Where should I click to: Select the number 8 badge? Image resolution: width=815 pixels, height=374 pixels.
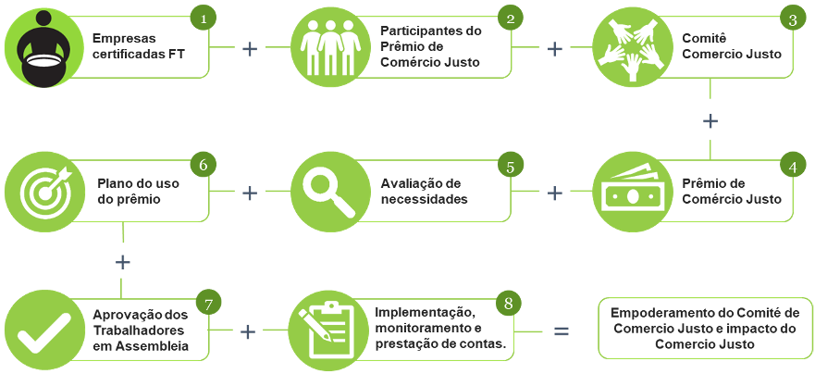point(508,305)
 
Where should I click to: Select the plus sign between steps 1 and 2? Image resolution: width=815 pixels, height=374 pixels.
point(250,48)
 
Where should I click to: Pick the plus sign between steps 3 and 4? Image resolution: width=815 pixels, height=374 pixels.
point(710,120)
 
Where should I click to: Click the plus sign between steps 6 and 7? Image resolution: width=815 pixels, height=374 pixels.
point(122,262)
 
